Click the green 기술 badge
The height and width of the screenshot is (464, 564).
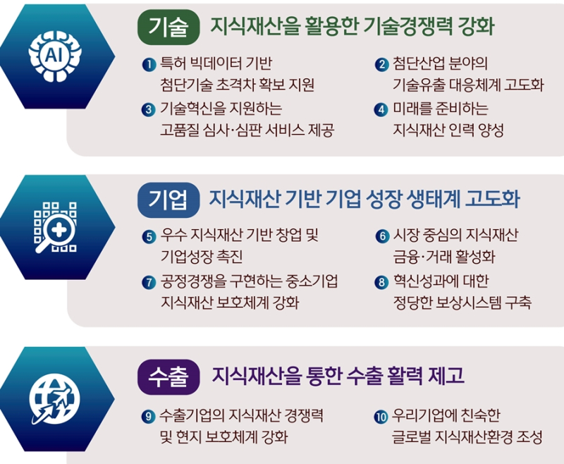tap(168, 27)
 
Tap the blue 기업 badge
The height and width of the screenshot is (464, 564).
tap(168, 200)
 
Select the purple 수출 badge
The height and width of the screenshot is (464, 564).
tap(168, 377)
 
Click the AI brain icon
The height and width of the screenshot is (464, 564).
tap(55, 56)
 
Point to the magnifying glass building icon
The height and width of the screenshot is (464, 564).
tap(55, 227)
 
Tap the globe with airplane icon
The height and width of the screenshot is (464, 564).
tap(54, 400)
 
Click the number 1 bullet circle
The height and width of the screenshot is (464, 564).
tap(149, 65)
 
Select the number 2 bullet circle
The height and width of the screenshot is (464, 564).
tap(381, 65)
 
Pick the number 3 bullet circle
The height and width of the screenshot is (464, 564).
tap(149, 110)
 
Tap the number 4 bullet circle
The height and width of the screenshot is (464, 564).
tap(381, 110)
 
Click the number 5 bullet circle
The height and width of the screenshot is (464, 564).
tap(149, 237)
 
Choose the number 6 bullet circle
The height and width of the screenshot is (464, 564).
tap(381, 236)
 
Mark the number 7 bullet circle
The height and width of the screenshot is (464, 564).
tap(149, 282)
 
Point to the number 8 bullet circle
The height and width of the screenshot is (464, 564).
tap(381, 282)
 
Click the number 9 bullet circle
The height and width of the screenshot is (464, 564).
tap(149, 417)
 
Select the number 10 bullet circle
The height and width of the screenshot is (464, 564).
tap(381, 417)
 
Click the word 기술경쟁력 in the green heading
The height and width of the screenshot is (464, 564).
tap(408, 26)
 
